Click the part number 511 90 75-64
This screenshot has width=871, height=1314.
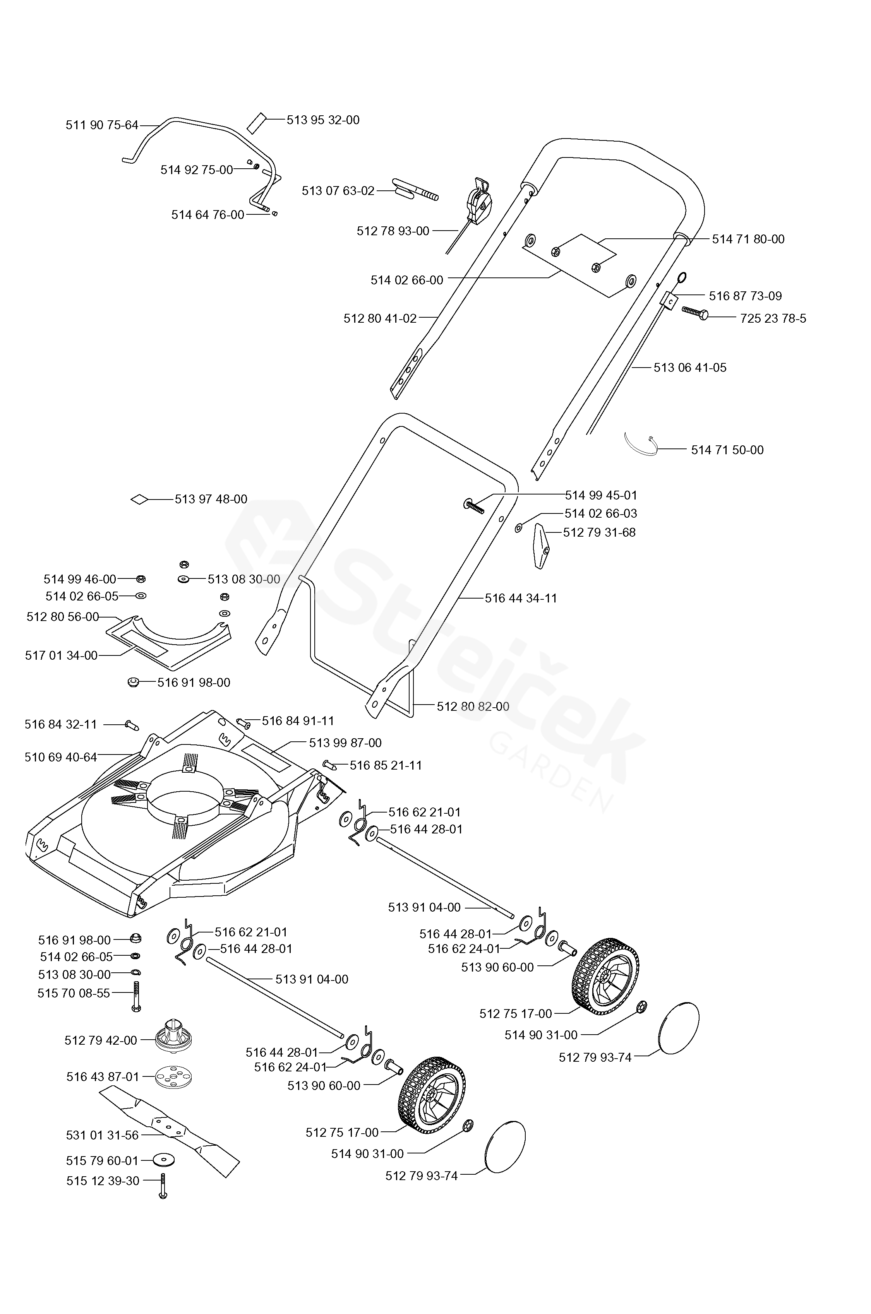(102, 125)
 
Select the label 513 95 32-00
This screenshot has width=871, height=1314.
(323, 120)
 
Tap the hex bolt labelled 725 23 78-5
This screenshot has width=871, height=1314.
(695, 314)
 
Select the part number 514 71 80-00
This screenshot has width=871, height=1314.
(748, 239)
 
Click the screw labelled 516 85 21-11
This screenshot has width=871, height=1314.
(330, 765)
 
